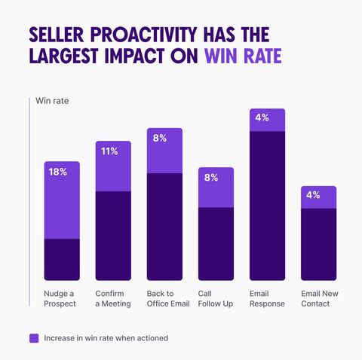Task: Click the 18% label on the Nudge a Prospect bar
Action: (58, 172)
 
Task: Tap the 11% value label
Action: (109, 151)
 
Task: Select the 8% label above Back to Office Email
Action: (160, 138)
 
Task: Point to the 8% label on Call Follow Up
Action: (211, 178)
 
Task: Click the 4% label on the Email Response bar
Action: (262, 117)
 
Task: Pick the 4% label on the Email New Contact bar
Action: (313, 195)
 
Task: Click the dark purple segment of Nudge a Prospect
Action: (62, 259)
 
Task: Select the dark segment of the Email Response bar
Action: (267, 206)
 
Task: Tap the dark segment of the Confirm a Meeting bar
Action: (113, 236)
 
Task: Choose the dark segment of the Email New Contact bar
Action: (319, 244)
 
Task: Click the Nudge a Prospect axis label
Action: (60, 298)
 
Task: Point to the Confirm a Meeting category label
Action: (113, 298)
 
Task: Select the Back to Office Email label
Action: (168, 298)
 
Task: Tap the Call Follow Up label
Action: (216, 298)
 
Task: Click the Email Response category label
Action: (267, 298)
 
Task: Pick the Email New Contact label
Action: (320, 298)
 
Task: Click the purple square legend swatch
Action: (34, 338)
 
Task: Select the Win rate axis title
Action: (52, 101)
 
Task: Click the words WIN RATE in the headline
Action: (243, 56)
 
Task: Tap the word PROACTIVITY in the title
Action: (143, 35)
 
